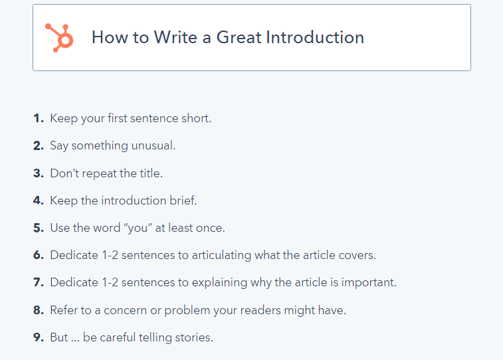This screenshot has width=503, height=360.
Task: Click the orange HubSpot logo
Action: pyautogui.click(x=59, y=37)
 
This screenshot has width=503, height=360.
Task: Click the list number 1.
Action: pyautogui.click(x=38, y=118)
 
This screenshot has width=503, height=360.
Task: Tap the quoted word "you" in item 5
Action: pyautogui.click(x=138, y=228)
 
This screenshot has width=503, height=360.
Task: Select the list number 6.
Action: pyautogui.click(x=39, y=255)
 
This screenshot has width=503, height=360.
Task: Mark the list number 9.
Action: pyautogui.click(x=39, y=337)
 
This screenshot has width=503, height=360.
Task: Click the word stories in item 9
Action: pyautogui.click(x=194, y=337)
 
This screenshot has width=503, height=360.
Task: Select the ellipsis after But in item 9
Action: pyautogui.click(x=75, y=341)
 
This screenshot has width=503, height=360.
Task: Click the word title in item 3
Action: pyautogui.click(x=151, y=173)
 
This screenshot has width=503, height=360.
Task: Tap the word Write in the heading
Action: pyautogui.click(x=175, y=37)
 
